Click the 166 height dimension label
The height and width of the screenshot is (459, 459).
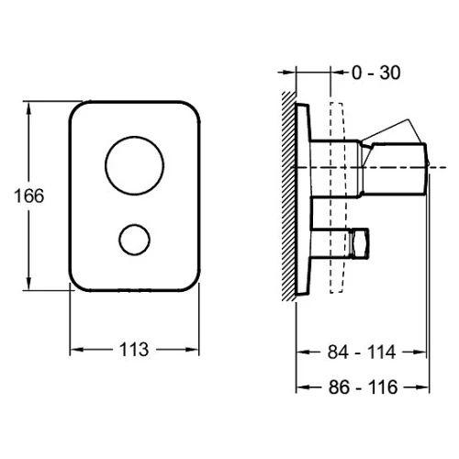pos(29,196)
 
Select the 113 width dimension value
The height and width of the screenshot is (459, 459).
pos(134,350)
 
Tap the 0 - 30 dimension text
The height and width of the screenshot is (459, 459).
pos(376,73)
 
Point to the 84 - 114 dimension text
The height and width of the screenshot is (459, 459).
pos(362,352)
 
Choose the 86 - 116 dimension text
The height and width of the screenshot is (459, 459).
pos(364,387)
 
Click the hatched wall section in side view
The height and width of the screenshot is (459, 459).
pos(289,196)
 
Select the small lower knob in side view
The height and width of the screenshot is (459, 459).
pos(359,243)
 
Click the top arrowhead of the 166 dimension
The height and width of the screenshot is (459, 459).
pos(28,108)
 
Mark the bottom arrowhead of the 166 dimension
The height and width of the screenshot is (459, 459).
pos(28,283)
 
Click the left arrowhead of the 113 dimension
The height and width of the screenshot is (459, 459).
pos(77,350)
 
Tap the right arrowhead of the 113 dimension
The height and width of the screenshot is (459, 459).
pos(192,350)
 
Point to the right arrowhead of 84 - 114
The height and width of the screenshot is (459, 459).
pos(420,352)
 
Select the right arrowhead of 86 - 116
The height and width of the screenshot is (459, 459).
pos(422,387)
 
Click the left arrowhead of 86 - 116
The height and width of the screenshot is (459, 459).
pos(304,387)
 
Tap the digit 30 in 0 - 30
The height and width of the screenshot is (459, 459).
pos(390,73)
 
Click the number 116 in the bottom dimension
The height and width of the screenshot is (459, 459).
pos(383,387)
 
